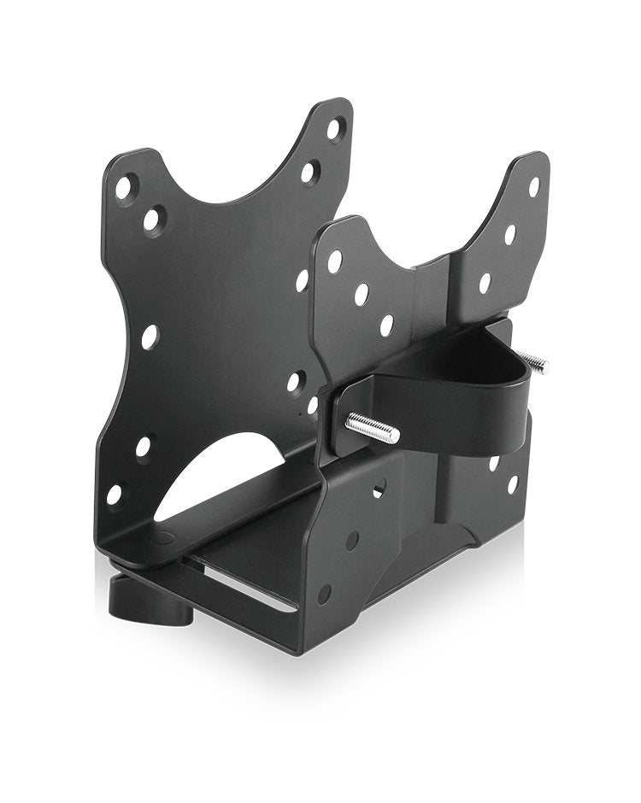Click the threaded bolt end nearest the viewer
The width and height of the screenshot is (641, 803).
373,428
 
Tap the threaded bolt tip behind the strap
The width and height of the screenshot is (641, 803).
535,362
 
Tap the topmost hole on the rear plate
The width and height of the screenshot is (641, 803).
334,129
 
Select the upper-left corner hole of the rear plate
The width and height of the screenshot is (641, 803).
125,187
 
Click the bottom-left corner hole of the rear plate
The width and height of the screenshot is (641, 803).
114,494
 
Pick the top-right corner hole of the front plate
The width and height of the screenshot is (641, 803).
534,185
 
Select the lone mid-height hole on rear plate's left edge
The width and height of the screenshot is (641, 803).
150,337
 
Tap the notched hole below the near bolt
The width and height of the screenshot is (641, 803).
379,488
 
